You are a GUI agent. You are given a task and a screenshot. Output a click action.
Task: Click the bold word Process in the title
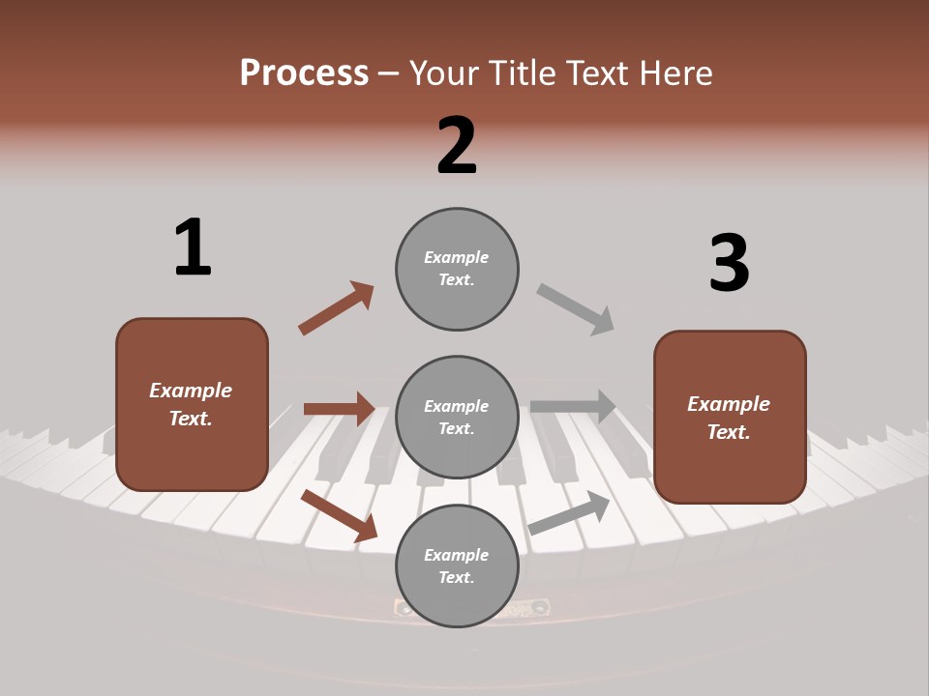point(304,72)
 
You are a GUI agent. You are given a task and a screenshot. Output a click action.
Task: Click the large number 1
point(193,248)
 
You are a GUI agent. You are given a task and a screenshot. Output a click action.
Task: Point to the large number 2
point(457,146)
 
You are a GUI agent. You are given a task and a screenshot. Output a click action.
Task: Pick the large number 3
point(729,264)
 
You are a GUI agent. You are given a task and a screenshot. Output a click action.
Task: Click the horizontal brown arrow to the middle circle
point(340,409)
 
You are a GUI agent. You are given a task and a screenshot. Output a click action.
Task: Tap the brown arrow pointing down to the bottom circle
point(340,515)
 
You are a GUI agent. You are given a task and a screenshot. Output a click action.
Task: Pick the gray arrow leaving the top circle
point(576,309)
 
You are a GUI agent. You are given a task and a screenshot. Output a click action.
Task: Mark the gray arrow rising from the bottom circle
point(569,512)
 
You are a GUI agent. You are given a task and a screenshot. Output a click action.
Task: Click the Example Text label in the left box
point(191,404)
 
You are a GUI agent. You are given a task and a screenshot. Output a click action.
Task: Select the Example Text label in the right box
point(729,418)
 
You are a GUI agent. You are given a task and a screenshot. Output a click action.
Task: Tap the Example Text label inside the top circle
point(457,269)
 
